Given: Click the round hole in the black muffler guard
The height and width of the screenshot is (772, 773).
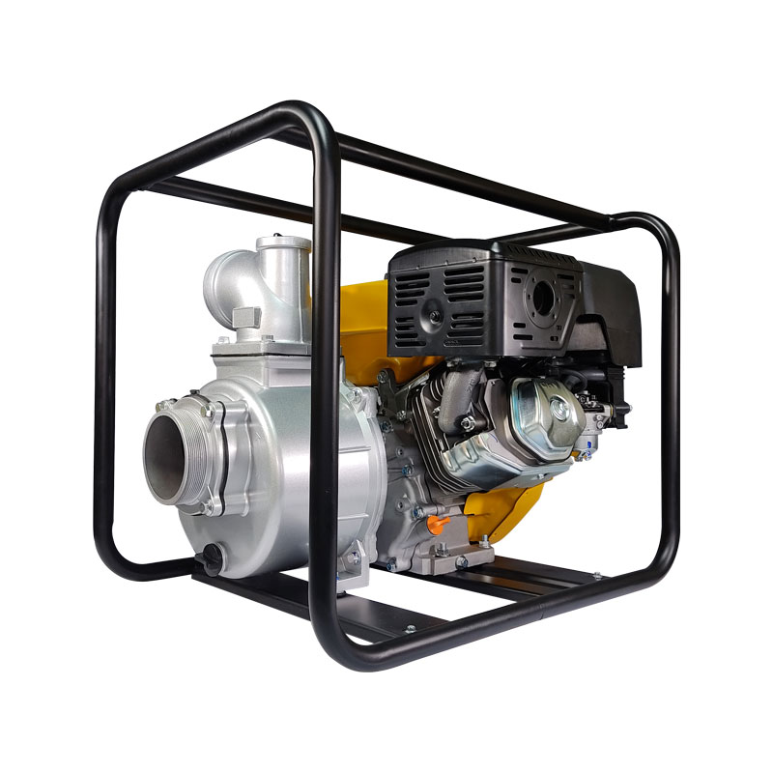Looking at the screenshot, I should (543, 301).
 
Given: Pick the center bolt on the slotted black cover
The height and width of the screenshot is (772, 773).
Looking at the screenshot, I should (436, 315).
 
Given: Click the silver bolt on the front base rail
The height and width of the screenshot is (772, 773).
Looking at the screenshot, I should (411, 632).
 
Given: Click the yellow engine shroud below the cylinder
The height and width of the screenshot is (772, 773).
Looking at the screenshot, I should (502, 502).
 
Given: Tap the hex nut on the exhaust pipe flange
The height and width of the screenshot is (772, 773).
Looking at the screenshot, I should (468, 422).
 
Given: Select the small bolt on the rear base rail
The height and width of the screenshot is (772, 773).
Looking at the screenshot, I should (598, 576).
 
